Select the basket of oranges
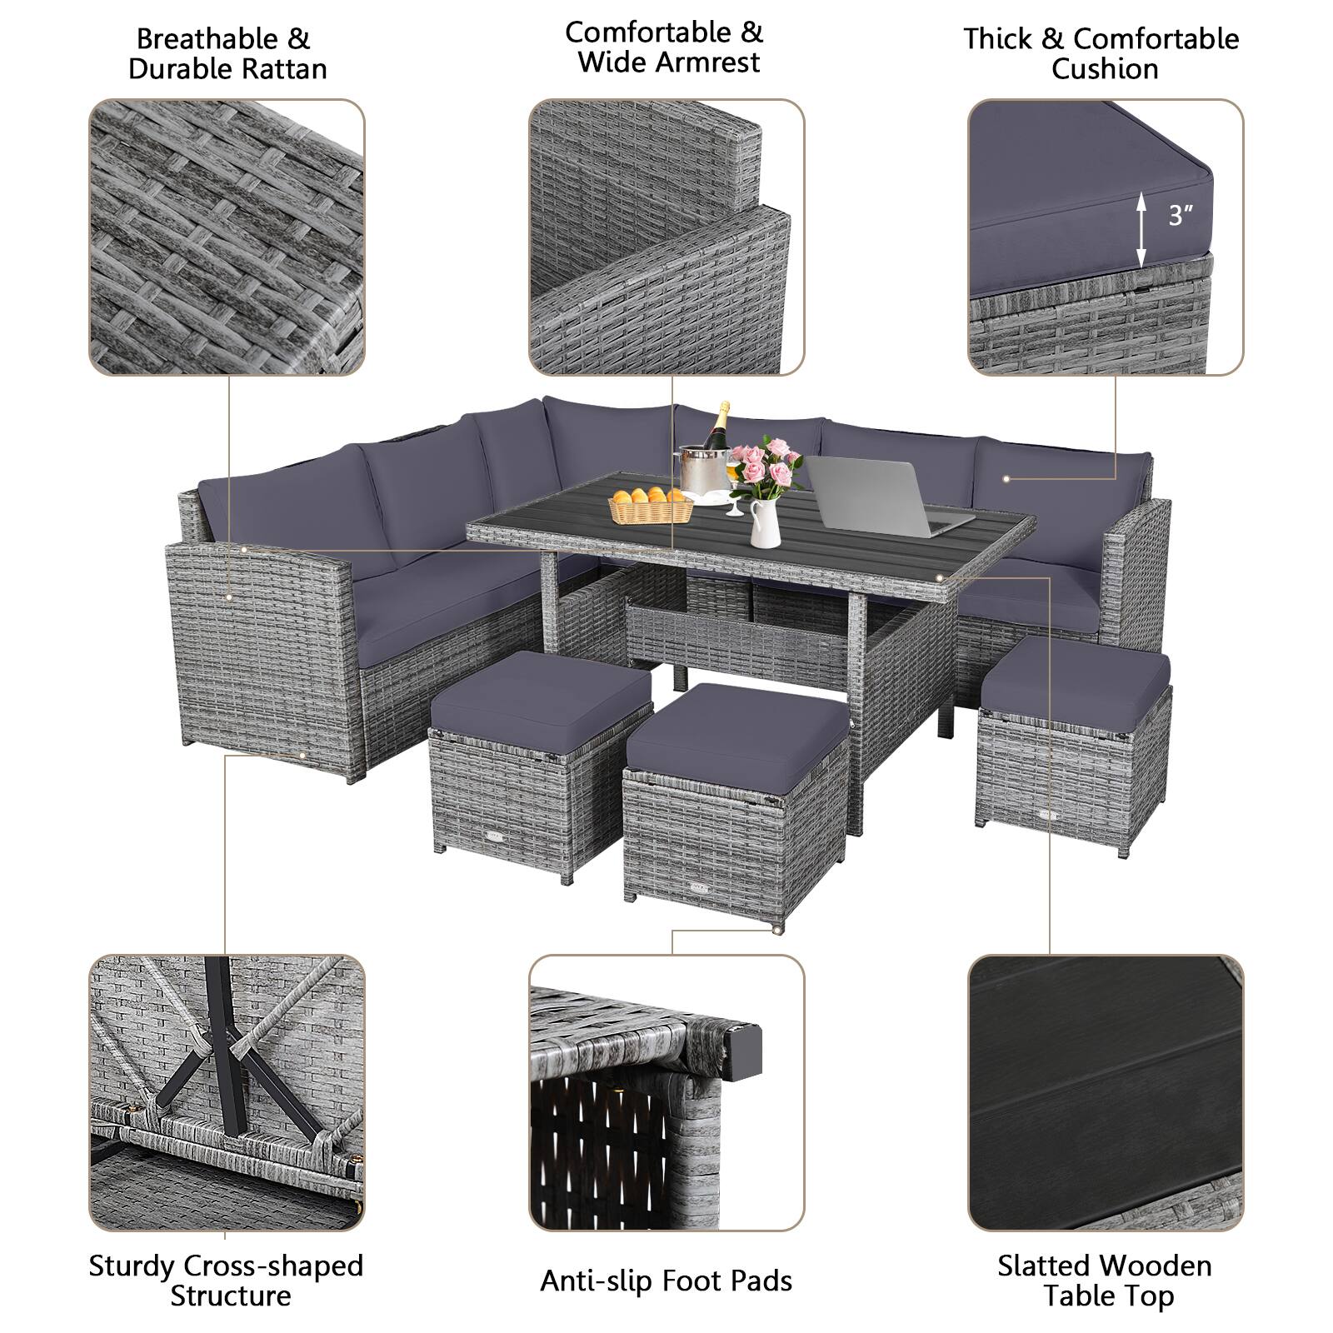(651, 505)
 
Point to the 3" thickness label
(1180, 216)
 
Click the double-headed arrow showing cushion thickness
(1142, 227)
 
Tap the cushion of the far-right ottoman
(1076, 673)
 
